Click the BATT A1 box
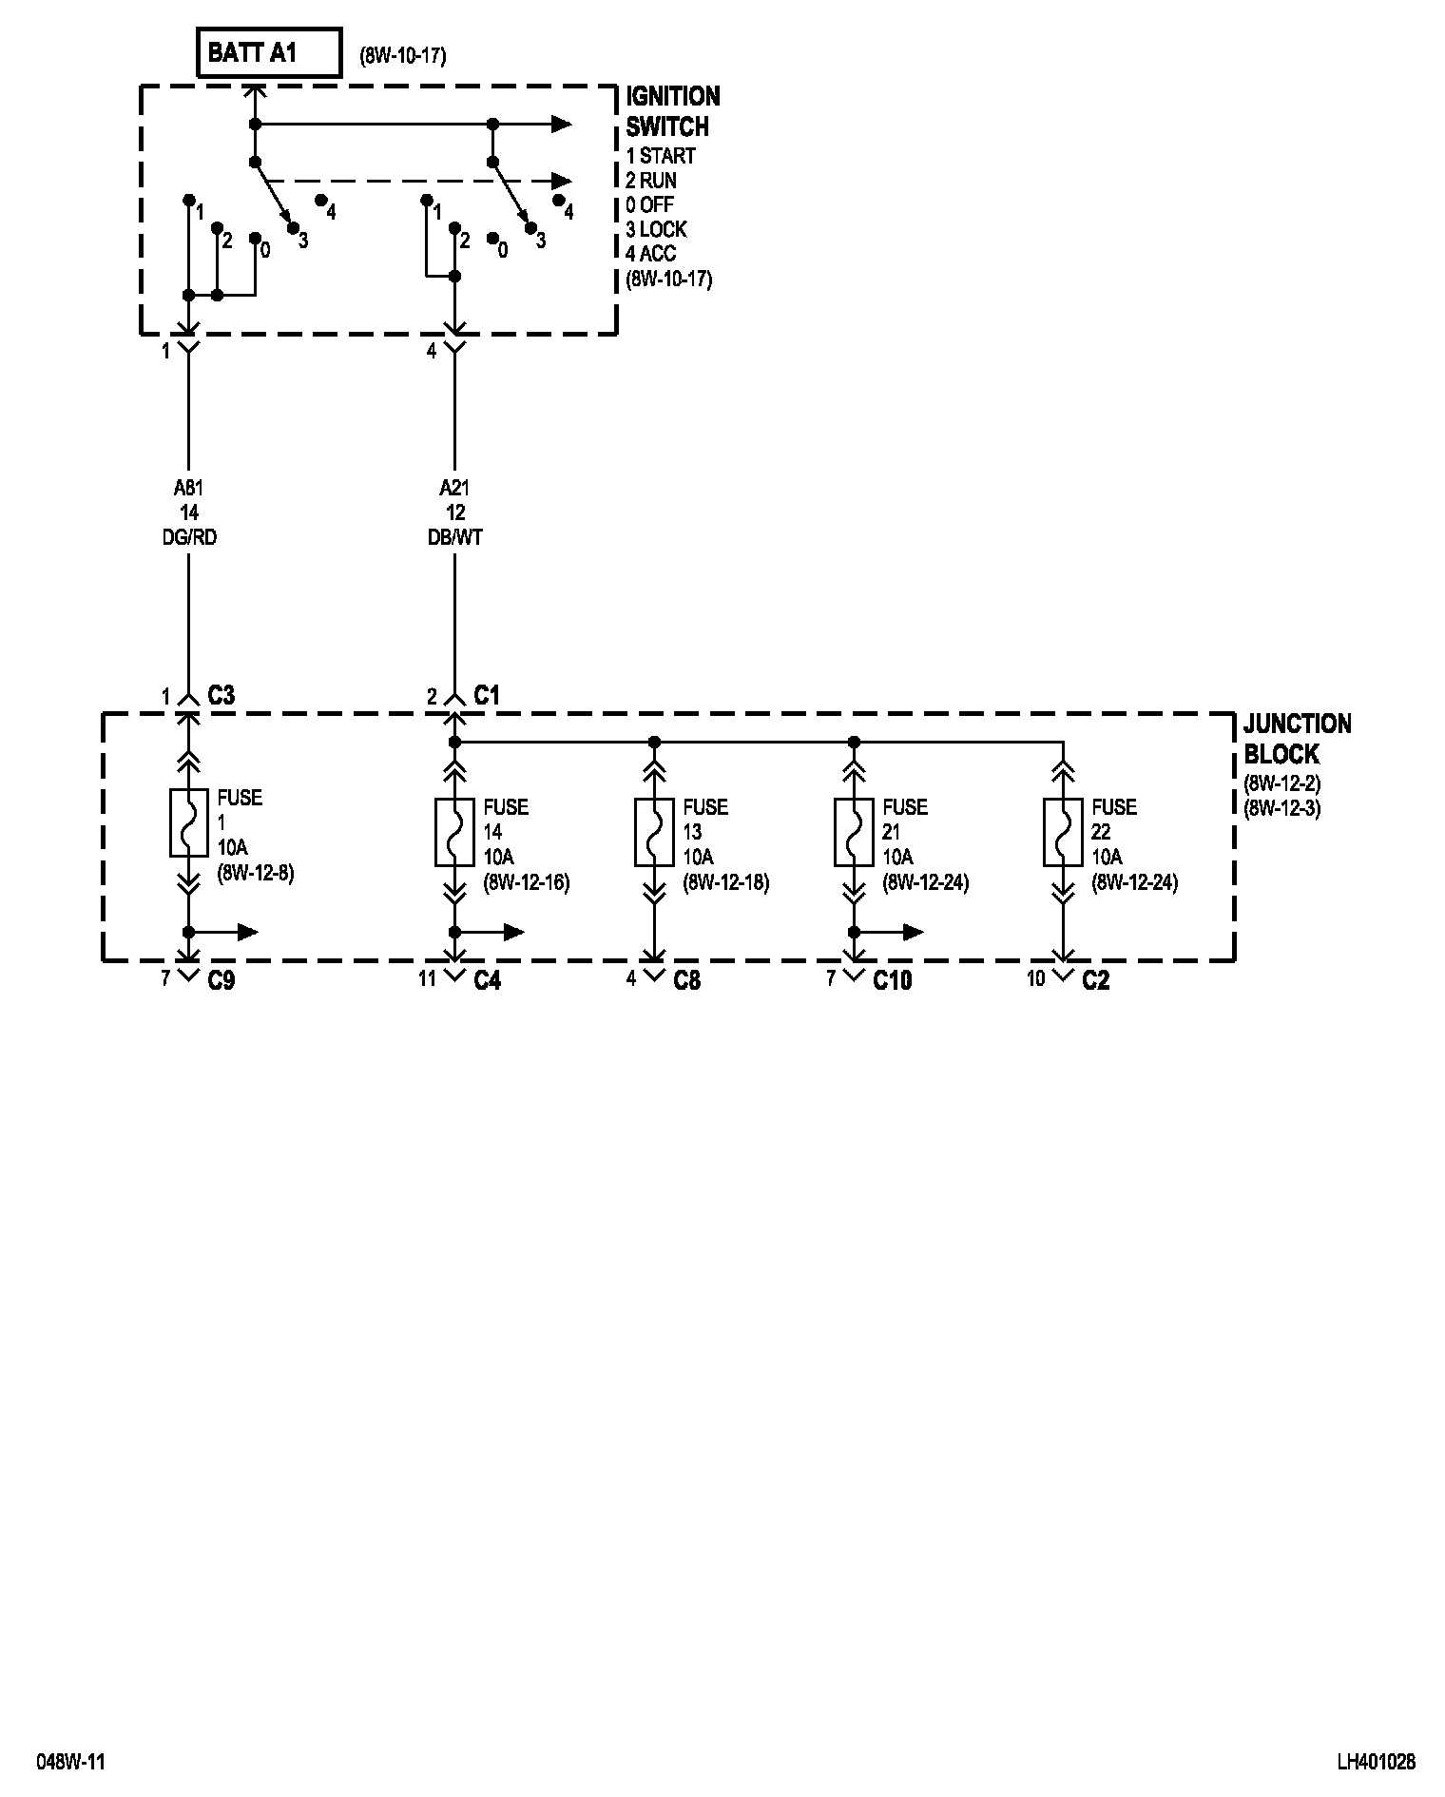268,52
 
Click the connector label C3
221,696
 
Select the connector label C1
487,696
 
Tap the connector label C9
221,980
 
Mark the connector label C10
892,980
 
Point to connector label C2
1095,980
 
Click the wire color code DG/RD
188,538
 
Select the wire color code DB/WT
454,538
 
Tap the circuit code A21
454,489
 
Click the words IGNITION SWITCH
672,111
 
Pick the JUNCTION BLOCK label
1297,739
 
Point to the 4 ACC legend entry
656,254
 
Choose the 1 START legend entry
661,156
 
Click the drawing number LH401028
1376,1762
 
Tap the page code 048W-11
70,1762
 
